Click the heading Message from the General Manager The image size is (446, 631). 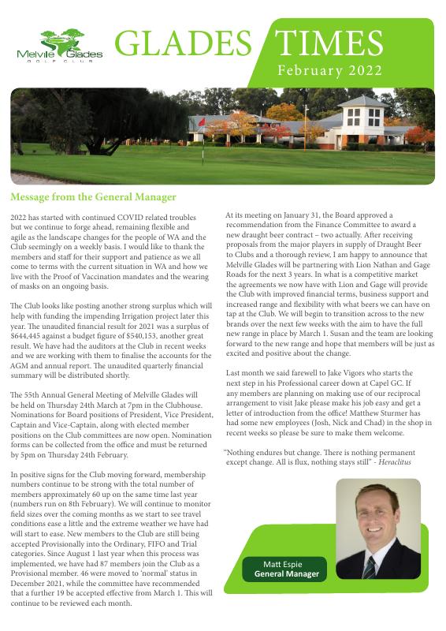pyautogui.click(x=94, y=197)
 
